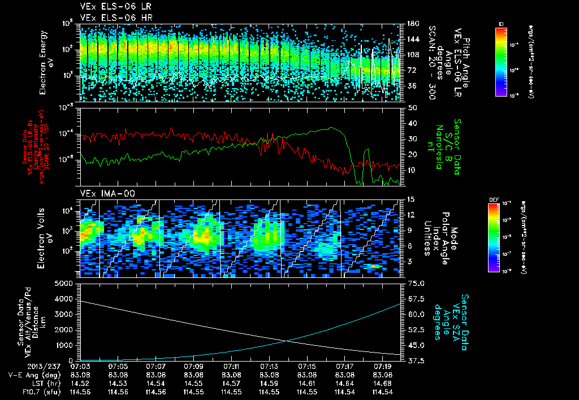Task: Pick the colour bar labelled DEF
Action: (x=494, y=237)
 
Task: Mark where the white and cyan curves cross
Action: (x=288, y=340)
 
